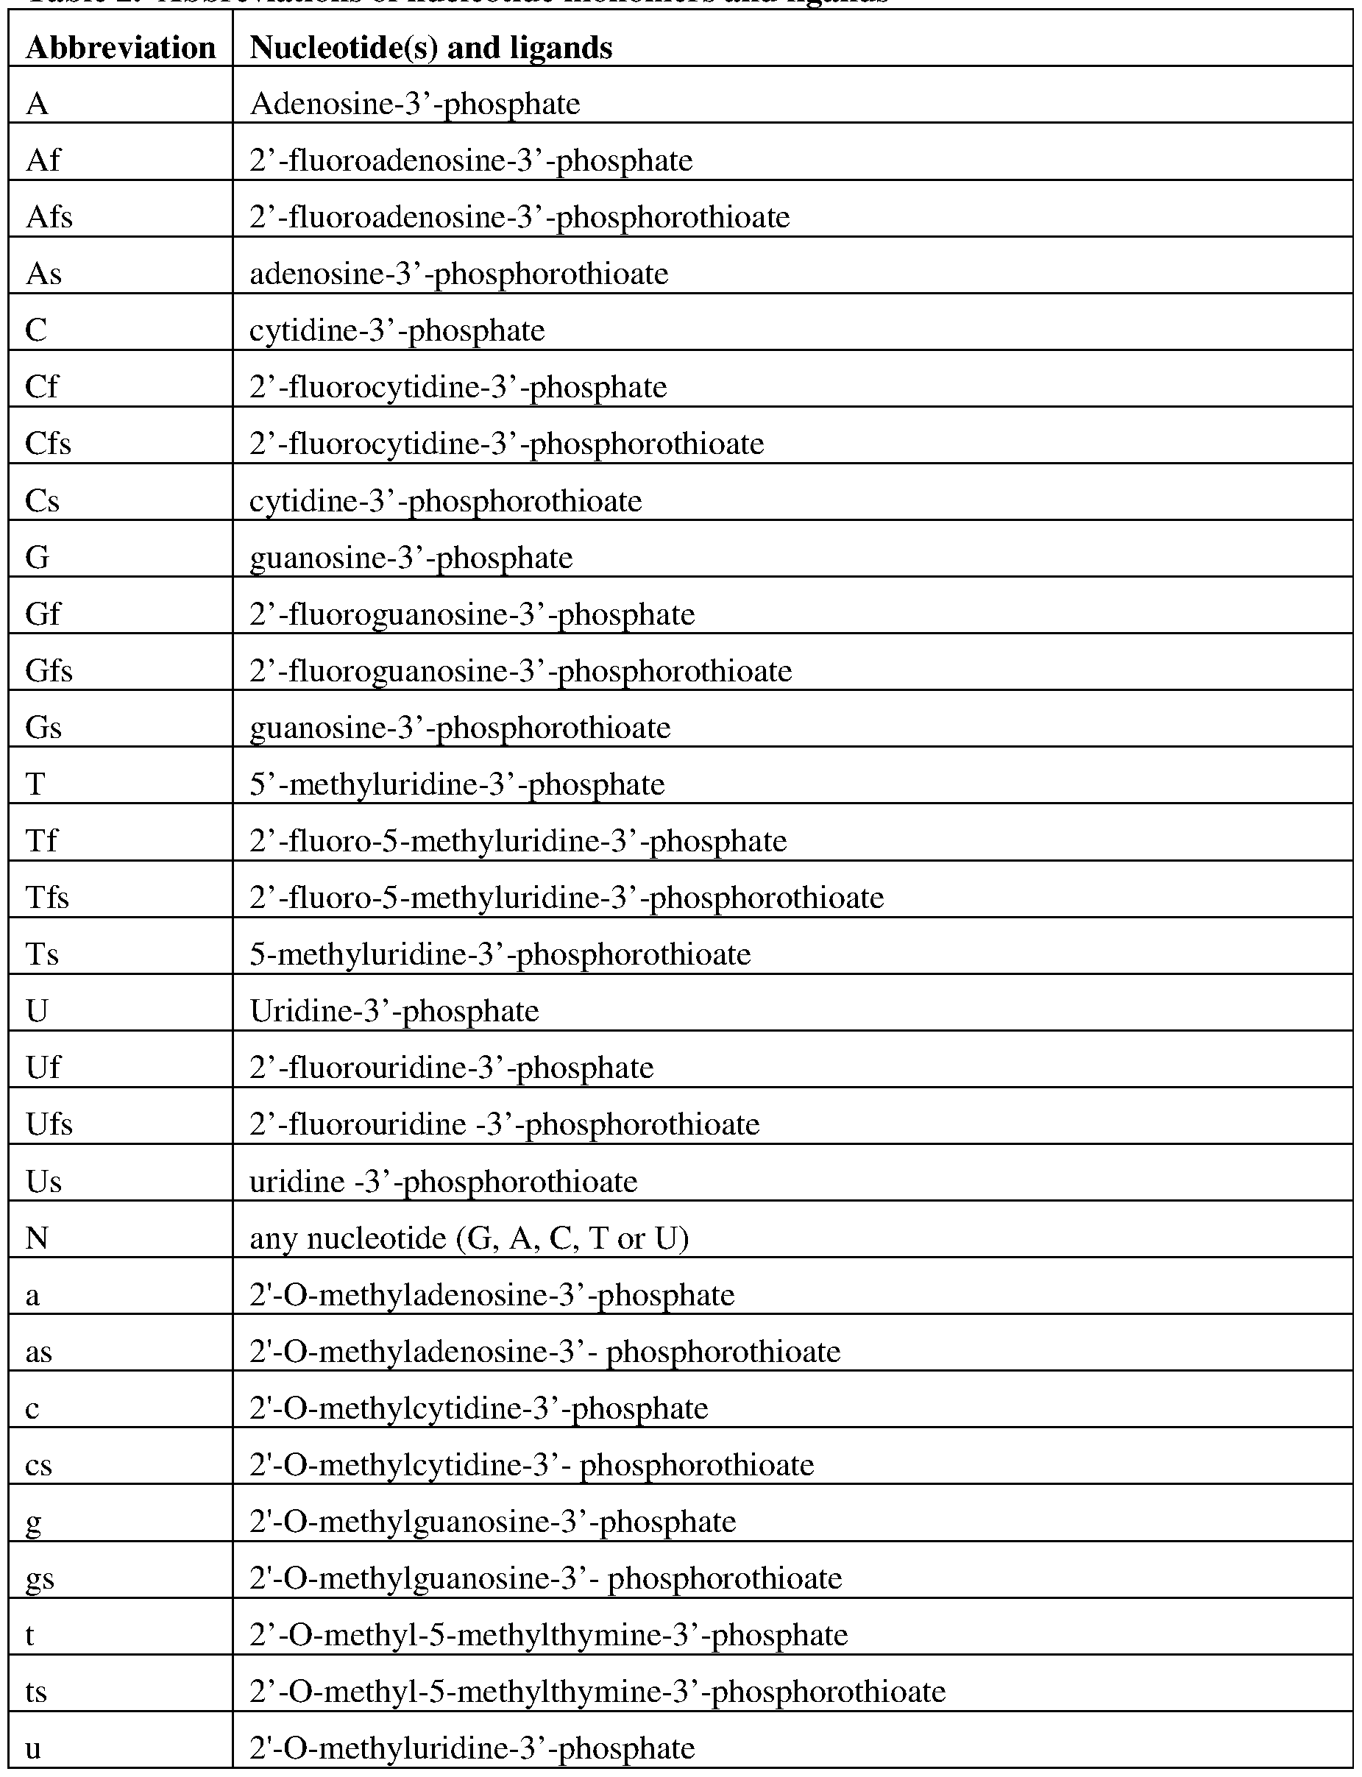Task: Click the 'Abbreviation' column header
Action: pyautogui.click(x=121, y=48)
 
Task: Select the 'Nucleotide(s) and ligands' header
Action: pyautogui.click(x=430, y=48)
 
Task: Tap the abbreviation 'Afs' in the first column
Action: pyautogui.click(x=49, y=217)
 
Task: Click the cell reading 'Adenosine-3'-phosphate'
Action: pyautogui.click(x=414, y=104)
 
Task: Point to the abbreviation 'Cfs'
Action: pyautogui.click(x=48, y=444)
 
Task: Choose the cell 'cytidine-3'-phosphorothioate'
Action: pyautogui.click(x=445, y=501)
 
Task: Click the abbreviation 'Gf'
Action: pyautogui.click(x=43, y=614)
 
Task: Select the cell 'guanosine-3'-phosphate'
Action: pyautogui.click(x=411, y=558)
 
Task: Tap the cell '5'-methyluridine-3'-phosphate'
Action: pyautogui.click(x=456, y=784)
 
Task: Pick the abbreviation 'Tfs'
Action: pyautogui.click(x=47, y=898)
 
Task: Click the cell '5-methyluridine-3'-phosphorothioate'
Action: pyautogui.click(x=500, y=955)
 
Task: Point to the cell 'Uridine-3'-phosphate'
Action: pyautogui.click(x=394, y=1012)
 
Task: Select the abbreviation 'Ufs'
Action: pyautogui.click(x=49, y=1125)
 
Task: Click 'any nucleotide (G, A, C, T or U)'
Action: pyautogui.click(x=469, y=1238)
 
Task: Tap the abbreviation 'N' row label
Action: pyautogui.click(x=38, y=1238)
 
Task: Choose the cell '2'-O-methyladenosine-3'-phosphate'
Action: pyautogui.click(x=492, y=1296)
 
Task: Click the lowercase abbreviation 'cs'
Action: pyautogui.click(x=39, y=1466)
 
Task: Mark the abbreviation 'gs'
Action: pyautogui.click(x=40, y=1579)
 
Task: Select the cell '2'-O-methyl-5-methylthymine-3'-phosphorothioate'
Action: pyautogui.click(x=597, y=1692)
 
